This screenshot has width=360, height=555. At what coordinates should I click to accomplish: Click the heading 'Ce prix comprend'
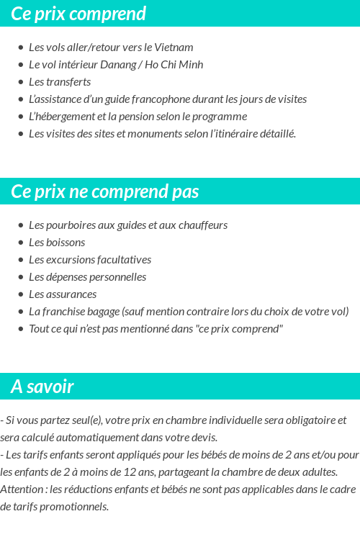click(78, 14)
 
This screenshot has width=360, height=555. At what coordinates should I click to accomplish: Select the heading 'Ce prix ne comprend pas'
click(105, 192)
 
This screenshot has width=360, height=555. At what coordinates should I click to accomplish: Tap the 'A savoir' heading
click(42, 387)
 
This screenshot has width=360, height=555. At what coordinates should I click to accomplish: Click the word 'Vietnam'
click(174, 48)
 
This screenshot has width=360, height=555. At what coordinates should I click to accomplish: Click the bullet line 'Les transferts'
click(60, 82)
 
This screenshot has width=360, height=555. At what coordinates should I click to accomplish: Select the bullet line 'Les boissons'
click(57, 243)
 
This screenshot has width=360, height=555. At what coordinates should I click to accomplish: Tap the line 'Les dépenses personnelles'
click(87, 277)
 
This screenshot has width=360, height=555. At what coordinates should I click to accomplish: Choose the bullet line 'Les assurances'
click(63, 294)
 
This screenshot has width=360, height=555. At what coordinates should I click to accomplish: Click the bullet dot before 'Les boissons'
click(21, 243)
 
